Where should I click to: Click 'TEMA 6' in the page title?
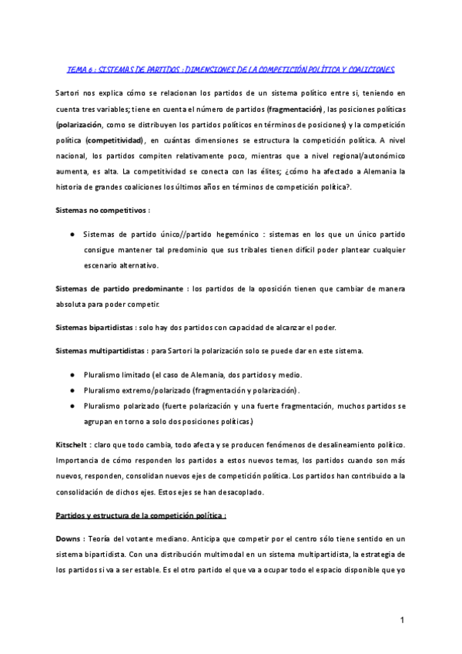(80, 69)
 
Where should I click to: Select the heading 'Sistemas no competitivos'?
(102, 210)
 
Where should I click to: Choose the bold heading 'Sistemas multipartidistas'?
(100, 351)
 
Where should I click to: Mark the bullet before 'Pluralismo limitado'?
(72, 374)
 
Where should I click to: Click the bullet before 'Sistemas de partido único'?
(72, 234)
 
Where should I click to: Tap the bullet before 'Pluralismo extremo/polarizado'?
(72, 390)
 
